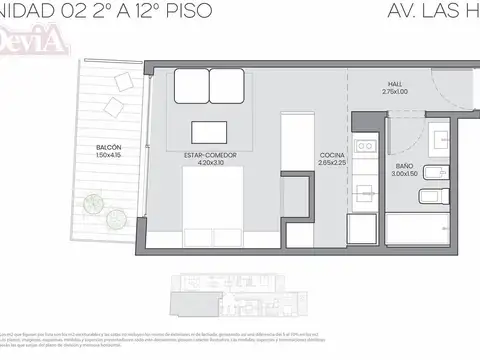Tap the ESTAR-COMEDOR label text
204,155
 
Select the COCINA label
333,155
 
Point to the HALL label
397,85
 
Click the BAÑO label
405,166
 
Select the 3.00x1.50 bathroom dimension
405,174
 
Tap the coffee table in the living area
211,132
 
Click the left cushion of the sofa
189,87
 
